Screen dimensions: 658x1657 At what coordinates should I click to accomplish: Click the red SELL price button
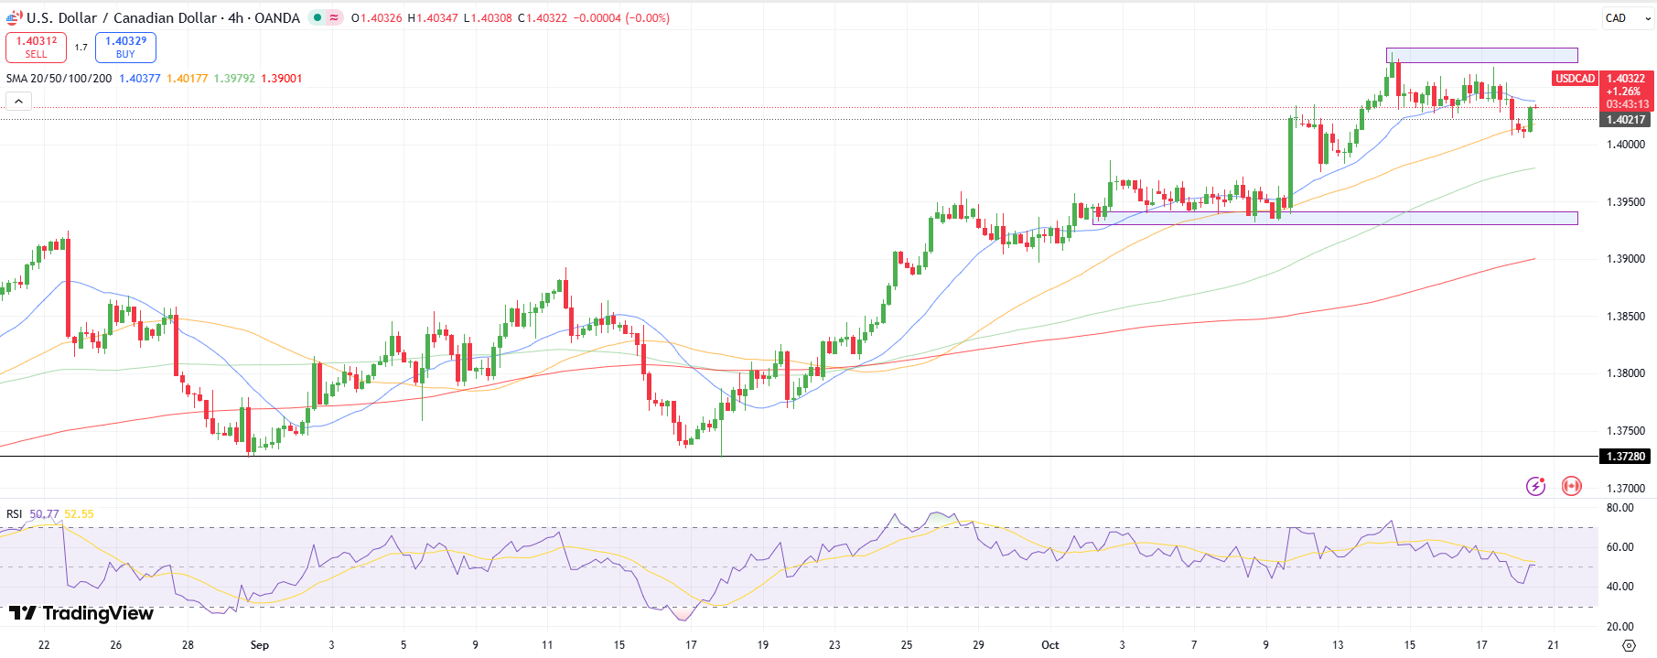(x=36, y=48)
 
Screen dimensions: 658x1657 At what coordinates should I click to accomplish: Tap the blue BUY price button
(x=125, y=48)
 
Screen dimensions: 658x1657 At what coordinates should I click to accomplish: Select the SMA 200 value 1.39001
(x=281, y=79)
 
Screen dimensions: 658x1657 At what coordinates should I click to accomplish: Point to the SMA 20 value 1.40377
(x=139, y=79)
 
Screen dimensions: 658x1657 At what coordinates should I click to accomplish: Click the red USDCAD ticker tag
(x=1575, y=79)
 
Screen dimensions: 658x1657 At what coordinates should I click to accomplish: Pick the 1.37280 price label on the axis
(x=1625, y=456)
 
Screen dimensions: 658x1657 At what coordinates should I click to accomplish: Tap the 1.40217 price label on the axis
(x=1625, y=120)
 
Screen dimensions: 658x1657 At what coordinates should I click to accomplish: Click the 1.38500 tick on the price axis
(x=1625, y=317)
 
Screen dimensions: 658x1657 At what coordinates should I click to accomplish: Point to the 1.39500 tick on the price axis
(x=1625, y=202)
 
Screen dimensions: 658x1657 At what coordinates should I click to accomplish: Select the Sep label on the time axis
(x=260, y=645)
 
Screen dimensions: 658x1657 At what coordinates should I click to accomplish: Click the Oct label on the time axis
(x=1050, y=645)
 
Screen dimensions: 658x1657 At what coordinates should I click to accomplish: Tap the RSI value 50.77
(x=44, y=514)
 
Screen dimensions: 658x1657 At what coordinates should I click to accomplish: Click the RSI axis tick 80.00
(x=1619, y=508)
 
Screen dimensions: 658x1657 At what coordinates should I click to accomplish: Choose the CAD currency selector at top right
(x=1616, y=18)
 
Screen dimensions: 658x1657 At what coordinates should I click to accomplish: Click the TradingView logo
(x=81, y=613)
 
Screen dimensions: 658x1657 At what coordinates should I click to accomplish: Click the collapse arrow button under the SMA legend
(x=18, y=102)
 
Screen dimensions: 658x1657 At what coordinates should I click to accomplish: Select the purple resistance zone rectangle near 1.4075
(x=1481, y=55)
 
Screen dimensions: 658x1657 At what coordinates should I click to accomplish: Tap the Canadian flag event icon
(x=1571, y=486)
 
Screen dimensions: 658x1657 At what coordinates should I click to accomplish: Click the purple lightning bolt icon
(x=1535, y=486)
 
